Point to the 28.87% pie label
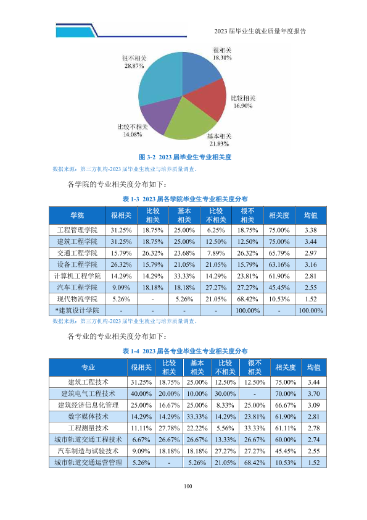[x=134, y=66]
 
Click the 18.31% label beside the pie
[x=222, y=57]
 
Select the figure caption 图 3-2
[x=185, y=157]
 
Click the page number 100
[x=188, y=486]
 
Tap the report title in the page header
[x=260, y=31]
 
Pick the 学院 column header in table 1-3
[x=77, y=216]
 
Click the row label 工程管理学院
[x=77, y=230]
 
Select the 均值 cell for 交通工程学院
[x=311, y=253]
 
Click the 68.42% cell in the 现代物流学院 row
[x=247, y=299]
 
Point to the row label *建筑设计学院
[x=77, y=311]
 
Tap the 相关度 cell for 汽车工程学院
[x=279, y=288]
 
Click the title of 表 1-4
[x=185, y=351]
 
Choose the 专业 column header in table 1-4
[x=88, y=367]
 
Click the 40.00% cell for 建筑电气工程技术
[x=141, y=393]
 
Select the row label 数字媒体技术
[x=88, y=416]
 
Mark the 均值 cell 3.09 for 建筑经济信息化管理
[x=314, y=405]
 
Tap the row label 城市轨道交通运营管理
[x=88, y=463]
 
